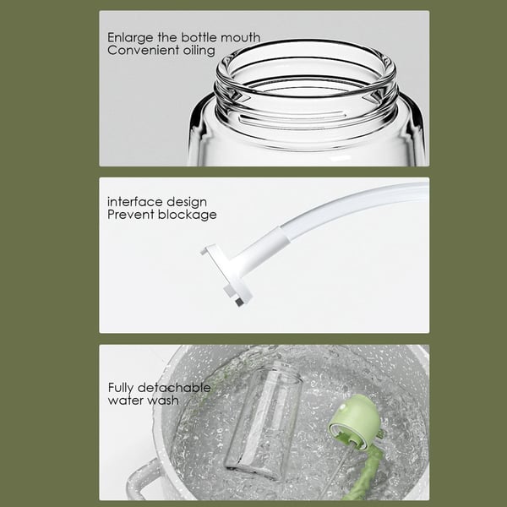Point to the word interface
[133, 202]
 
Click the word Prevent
[131, 215]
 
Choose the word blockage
[187, 215]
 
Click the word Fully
[123, 388]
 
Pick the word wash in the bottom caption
[162, 400]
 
